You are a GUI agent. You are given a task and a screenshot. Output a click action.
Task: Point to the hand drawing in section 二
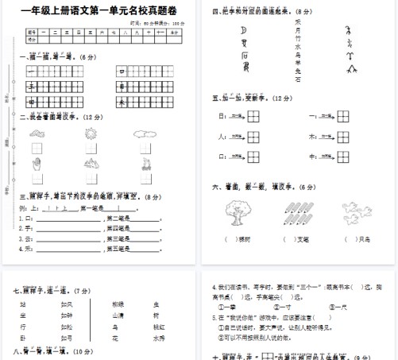(37, 165)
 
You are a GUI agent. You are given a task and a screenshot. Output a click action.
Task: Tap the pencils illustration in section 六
(295, 213)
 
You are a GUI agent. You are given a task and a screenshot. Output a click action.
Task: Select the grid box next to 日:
(253, 116)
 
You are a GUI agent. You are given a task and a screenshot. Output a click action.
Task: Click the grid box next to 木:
(345, 136)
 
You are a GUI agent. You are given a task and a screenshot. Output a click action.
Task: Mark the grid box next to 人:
(253, 136)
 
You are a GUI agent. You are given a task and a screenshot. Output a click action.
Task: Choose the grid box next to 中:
(345, 156)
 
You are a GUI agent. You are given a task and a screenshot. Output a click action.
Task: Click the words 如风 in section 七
(67, 304)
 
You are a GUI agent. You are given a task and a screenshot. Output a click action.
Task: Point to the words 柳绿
(118, 304)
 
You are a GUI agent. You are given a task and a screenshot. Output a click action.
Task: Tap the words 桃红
(159, 327)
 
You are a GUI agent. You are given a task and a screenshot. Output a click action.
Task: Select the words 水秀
(159, 338)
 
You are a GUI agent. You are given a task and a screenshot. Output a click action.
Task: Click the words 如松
(67, 327)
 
